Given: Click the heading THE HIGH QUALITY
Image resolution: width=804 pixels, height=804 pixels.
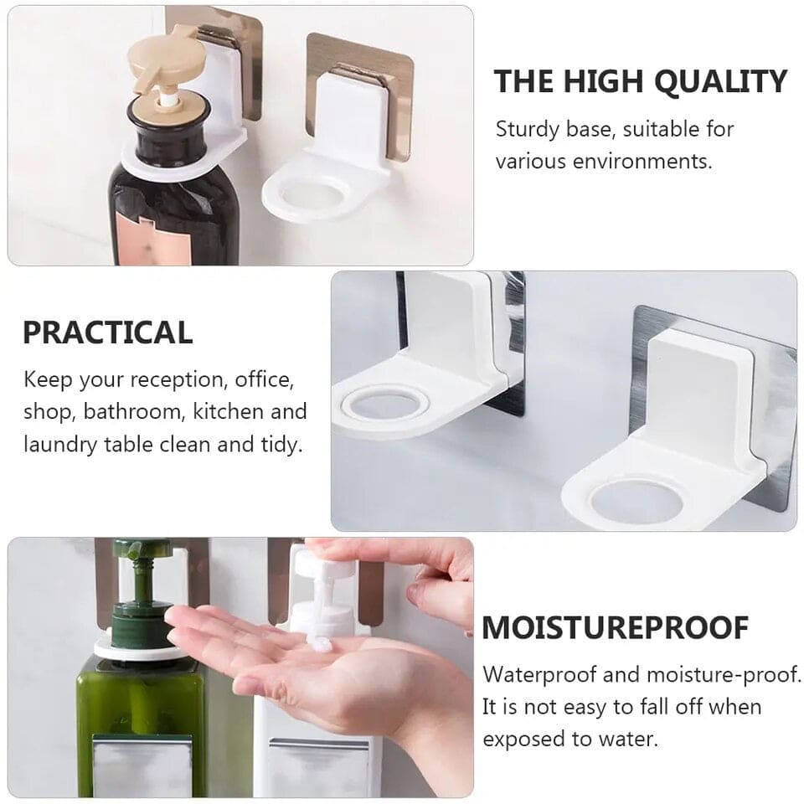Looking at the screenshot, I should (x=640, y=82).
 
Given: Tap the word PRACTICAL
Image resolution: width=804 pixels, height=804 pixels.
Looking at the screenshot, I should (x=107, y=332).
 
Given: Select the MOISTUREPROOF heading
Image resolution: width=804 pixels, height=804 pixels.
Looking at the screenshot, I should (x=616, y=627).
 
